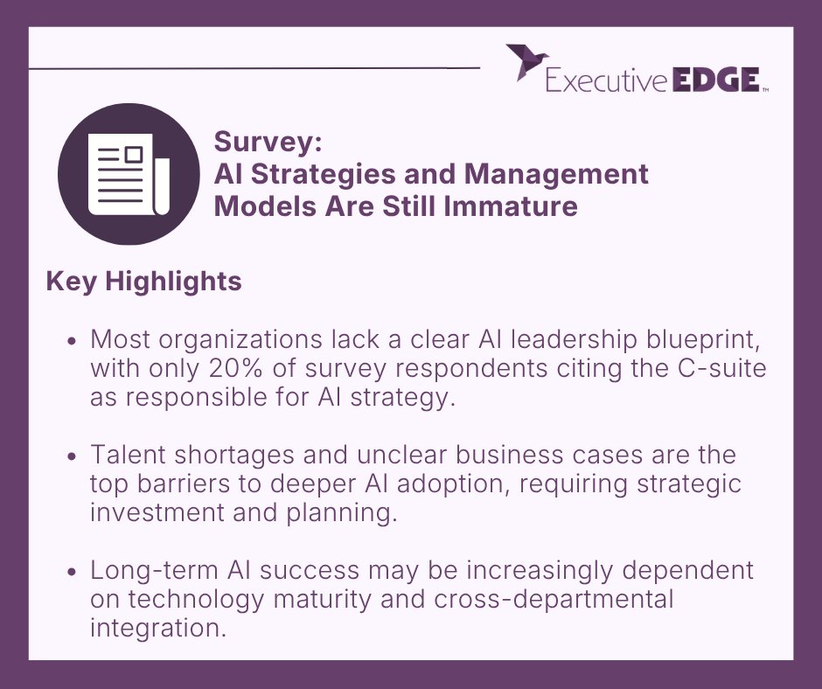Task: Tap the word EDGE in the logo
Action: tap(715, 81)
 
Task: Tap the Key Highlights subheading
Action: tap(143, 282)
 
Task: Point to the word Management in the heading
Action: tap(556, 174)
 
